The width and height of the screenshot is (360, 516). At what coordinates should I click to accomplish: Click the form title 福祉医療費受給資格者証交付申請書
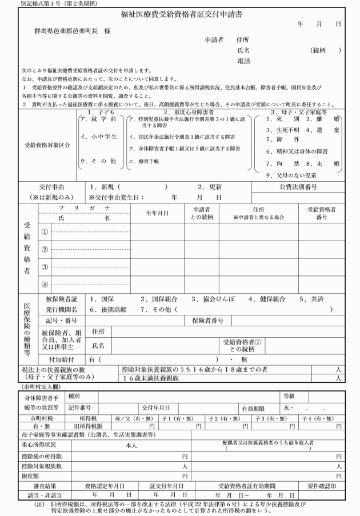pyautogui.click(x=181, y=15)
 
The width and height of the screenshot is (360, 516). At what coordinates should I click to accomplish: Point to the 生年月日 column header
pyautogui.click(x=157, y=213)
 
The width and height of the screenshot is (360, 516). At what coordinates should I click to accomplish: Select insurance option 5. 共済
pyautogui.click(x=310, y=299)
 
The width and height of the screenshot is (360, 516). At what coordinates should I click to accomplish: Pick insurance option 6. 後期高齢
pyautogui.click(x=107, y=309)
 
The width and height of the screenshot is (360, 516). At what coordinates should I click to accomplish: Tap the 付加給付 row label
pyautogui.click(x=62, y=359)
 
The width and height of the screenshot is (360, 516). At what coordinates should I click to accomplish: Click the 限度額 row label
pyautogui.click(x=30, y=475)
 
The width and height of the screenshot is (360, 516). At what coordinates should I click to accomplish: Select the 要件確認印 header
pyautogui.click(x=323, y=485)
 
